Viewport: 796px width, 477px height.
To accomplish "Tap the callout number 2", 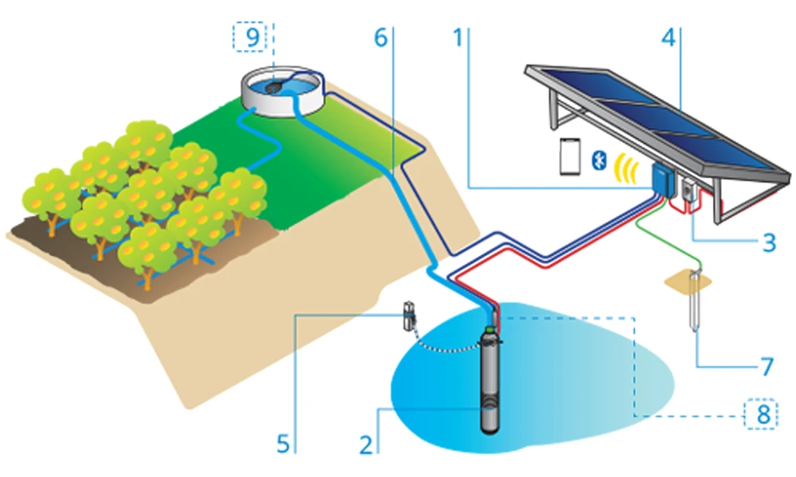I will coord(366,443).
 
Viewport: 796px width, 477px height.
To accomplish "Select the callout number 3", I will coord(768,242).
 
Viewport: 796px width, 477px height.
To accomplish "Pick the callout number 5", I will coord(283,443).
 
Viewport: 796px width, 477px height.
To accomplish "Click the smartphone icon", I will coord(569,157).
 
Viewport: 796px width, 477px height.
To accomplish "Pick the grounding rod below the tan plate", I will coord(693,306).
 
